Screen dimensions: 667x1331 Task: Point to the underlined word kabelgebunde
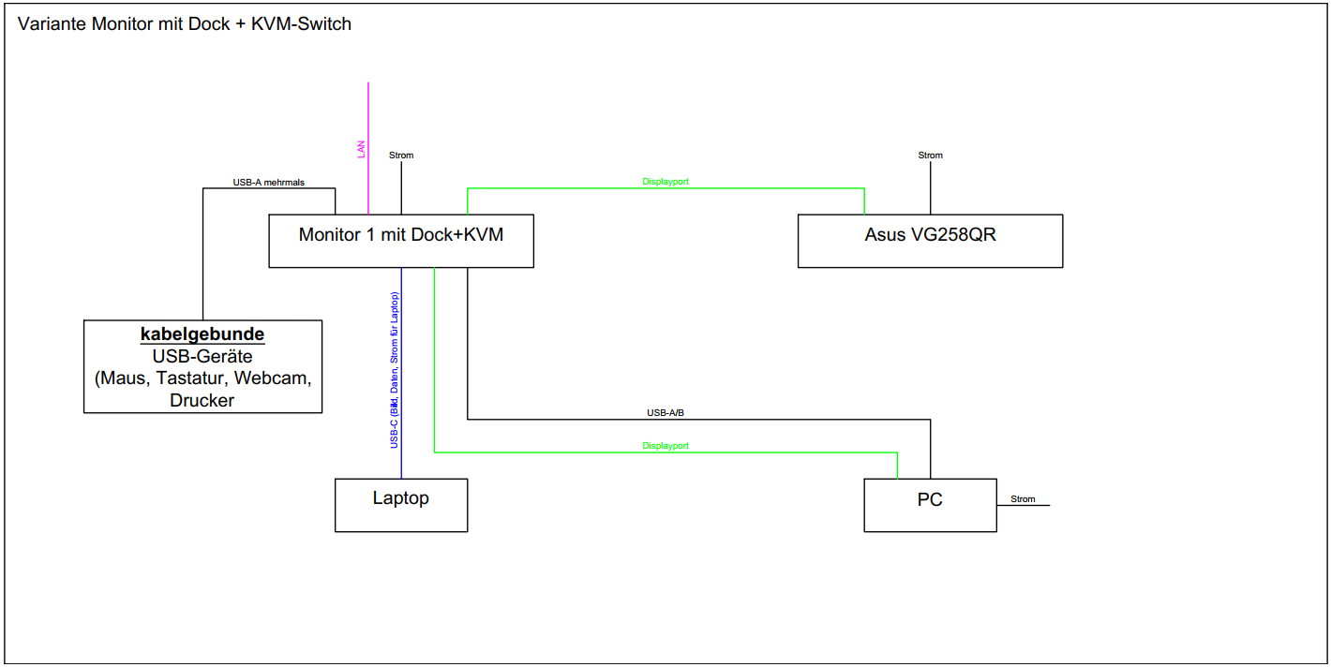(202, 334)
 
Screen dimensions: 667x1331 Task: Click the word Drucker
(202, 400)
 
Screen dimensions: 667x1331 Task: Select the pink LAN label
(362, 149)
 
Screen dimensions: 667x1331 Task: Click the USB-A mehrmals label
(269, 182)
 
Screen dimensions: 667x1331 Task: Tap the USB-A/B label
(665, 412)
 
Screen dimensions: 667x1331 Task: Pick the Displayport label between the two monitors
(665, 182)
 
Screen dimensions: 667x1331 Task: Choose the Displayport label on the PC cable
(665, 446)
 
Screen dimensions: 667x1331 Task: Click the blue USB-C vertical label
(395, 370)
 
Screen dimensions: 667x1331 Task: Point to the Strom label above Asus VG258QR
(931, 156)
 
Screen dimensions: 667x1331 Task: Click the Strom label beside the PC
(1023, 499)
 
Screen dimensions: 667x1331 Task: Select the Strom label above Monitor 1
(401, 156)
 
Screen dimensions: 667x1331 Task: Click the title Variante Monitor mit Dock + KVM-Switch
(185, 24)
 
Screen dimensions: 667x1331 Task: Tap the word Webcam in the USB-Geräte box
(272, 378)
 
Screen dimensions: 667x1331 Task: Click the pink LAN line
(368, 112)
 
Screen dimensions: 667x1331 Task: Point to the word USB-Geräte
(202, 357)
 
